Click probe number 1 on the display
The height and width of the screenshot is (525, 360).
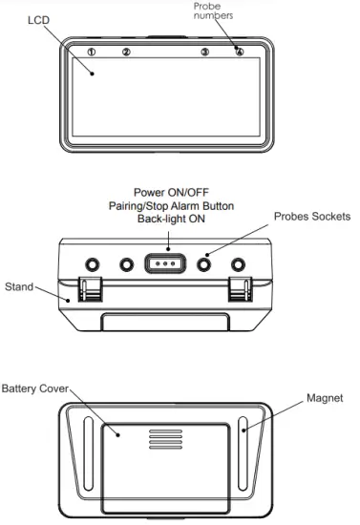(x=92, y=52)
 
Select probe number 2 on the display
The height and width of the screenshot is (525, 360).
(x=125, y=52)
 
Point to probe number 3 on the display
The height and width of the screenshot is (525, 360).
(x=204, y=52)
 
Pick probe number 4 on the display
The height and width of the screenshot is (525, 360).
(x=239, y=52)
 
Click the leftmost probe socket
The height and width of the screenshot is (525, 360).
(x=94, y=262)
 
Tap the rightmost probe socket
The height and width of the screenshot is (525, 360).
(x=239, y=262)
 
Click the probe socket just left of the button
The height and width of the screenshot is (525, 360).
(x=126, y=262)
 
